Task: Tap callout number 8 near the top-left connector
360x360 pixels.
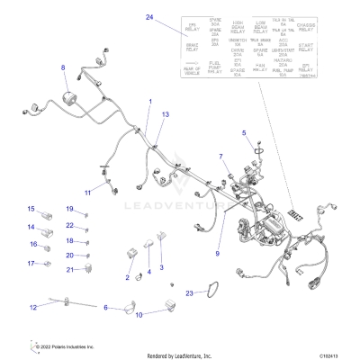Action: (x=63, y=68)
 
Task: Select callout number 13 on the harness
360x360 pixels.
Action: (x=165, y=116)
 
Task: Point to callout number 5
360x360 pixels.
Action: (x=243, y=134)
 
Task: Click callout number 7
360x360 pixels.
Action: (x=220, y=157)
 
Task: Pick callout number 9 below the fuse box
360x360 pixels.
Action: (x=217, y=255)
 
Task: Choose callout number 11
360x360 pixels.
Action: (x=88, y=193)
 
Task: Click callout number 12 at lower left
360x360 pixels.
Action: (x=32, y=307)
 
